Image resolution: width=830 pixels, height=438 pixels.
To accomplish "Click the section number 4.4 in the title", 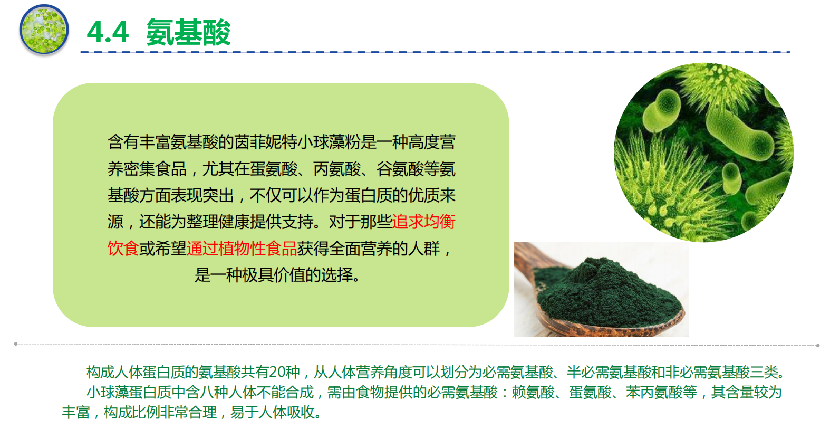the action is [x=108, y=32].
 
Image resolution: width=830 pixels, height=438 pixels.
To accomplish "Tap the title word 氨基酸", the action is [x=188, y=33].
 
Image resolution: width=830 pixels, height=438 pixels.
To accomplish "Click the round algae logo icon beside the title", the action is [x=44, y=30].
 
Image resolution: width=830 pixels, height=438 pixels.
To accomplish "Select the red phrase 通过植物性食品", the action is [x=242, y=249].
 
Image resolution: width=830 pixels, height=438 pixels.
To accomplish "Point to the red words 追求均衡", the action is [x=423, y=222].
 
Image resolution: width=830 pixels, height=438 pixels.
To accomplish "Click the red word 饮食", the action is [x=123, y=249].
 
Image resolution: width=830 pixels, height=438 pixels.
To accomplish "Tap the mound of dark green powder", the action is [x=607, y=293].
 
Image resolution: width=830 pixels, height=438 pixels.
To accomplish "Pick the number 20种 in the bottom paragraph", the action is [x=284, y=372].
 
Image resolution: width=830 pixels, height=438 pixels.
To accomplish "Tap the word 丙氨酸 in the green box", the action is [x=337, y=169].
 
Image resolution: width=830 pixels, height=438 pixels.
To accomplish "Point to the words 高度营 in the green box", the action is [x=432, y=142].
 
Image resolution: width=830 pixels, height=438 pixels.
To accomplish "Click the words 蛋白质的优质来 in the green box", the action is [x=400, y=195].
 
